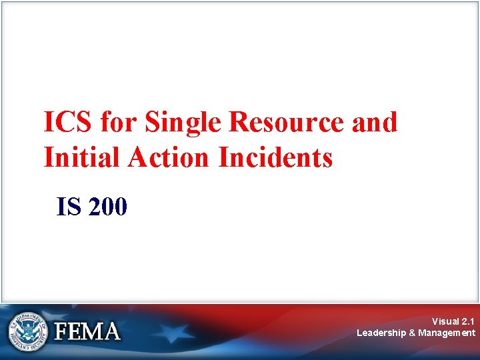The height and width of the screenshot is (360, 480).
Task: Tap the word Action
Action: click(172, 157)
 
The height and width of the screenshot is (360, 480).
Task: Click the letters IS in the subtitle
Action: click(69, 207)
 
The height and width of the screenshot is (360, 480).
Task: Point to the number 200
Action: click(106, 207)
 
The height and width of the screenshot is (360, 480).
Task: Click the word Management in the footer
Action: click(447, 333)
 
